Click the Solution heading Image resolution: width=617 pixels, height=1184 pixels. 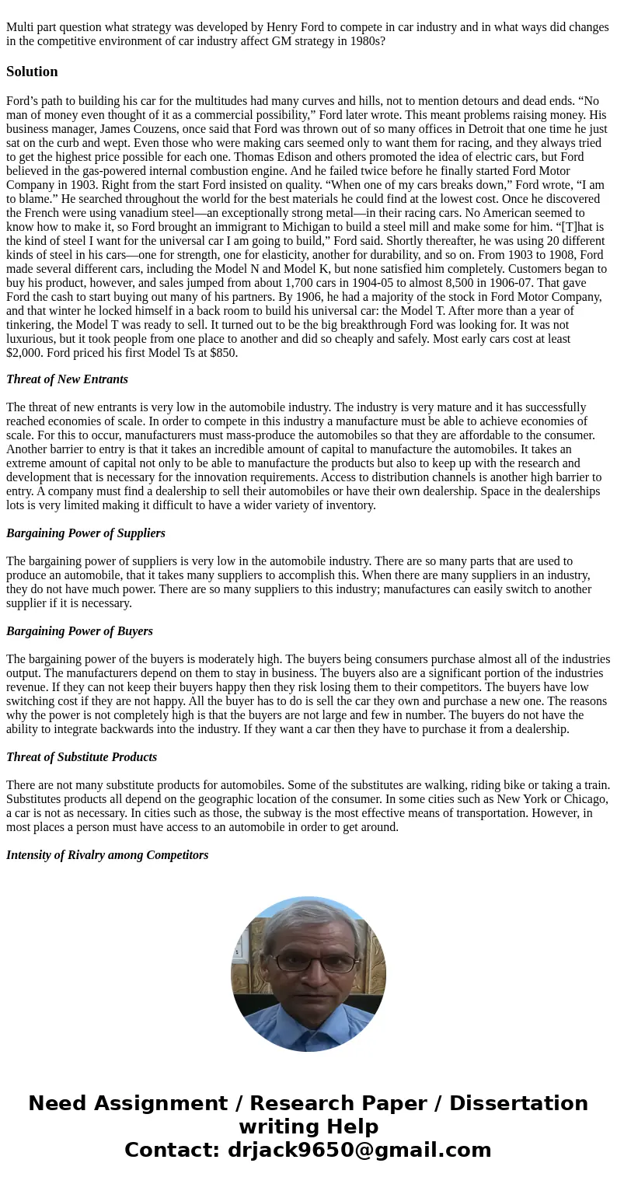pyautogui.click(x=32, y=72)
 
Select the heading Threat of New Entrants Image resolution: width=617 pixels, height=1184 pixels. pyautogui.click(x=67, y=379)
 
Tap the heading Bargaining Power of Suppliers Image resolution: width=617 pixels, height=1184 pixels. pyautogui.click(x=85, y=533)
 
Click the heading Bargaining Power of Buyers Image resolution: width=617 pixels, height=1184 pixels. pyautogui.click(x=79, y=631)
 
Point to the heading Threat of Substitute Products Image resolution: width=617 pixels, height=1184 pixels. pyautogui.click(x=82, y=757)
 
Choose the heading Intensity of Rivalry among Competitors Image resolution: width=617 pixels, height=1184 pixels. pyautogui.click(x=107, y=855)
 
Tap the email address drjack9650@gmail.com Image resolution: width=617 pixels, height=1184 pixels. pyautogui.click(x=359, y=1150)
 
